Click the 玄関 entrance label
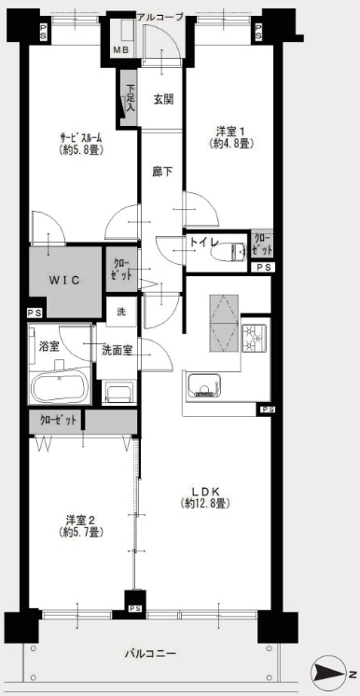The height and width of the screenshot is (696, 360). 163,100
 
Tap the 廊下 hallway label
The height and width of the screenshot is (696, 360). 162,173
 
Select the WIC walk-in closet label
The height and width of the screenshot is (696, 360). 64,280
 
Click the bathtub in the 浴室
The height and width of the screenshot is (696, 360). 59,387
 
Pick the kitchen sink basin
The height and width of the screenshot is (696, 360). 203,385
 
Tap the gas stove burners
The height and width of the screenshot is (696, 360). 255,338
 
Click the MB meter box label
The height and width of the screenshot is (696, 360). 120,50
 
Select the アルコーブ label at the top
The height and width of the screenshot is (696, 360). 159,18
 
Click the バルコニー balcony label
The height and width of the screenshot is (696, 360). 150,653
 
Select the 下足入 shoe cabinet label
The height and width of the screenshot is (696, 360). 130,97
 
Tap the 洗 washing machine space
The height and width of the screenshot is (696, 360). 120,312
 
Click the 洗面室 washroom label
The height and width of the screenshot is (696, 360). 117,350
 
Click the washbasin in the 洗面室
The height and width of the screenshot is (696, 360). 119,393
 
